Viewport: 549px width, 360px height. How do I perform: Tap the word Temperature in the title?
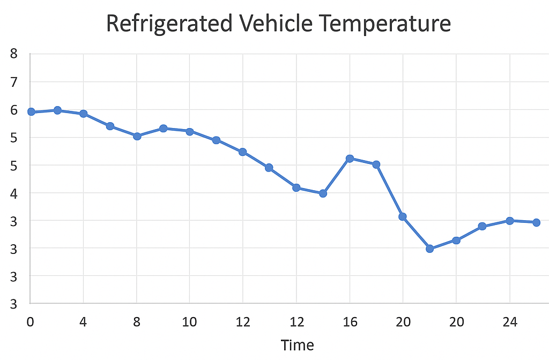pos(382,24)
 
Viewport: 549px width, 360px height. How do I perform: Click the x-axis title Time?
pos(298,344)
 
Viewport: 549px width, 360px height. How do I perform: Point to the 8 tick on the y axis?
pos(14,54)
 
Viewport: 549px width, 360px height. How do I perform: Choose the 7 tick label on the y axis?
pos(14,82)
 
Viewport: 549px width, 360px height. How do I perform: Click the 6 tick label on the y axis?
pos(14,110)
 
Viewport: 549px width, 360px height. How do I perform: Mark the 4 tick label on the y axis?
pos(14,193)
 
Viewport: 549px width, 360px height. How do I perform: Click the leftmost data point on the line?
pos(31,111)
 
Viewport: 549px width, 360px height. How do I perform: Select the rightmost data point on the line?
pos(536,222)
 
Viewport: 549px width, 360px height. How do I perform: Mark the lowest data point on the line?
pos(429,249)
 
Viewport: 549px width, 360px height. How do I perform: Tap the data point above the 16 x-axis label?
pos(350,159)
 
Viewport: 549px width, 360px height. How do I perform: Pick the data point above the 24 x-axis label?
pos(510,221)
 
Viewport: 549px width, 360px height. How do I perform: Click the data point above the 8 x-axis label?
pos(137,136)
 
